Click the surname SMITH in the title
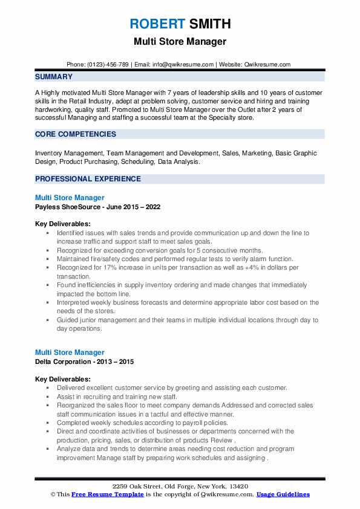tap(209, 25)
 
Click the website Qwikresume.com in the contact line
tap(267, 64)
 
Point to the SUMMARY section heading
tap(54, 77)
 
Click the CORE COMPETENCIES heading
tap(71, 134)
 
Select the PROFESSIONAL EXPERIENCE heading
tap(88, 179)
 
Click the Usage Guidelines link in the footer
tap(283, 494)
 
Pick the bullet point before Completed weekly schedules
tap(46, 423)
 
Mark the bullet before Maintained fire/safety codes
tap(46, 259)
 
